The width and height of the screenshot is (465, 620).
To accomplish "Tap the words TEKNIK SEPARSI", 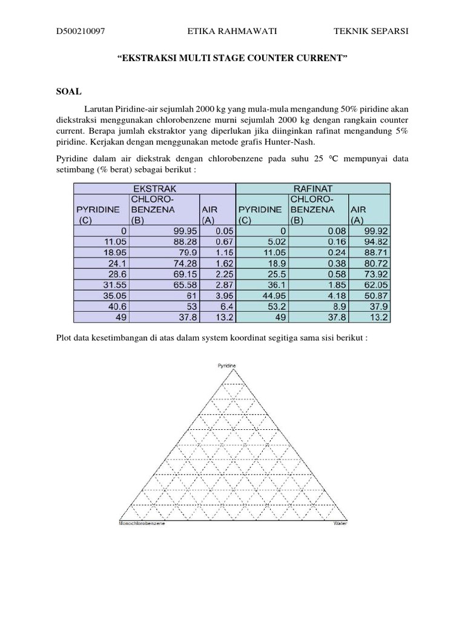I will [371, 31].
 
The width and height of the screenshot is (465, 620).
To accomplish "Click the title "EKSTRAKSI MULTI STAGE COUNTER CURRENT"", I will [232, 59].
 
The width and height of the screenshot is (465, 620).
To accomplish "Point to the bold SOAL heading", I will [68, 91].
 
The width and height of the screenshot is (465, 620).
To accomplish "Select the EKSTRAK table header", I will [154, 189].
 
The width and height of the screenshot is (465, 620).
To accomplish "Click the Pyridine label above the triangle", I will [226, 366].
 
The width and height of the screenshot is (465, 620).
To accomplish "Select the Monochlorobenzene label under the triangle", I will [142, 523].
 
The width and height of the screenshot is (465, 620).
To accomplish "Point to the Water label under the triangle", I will [341, 523].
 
